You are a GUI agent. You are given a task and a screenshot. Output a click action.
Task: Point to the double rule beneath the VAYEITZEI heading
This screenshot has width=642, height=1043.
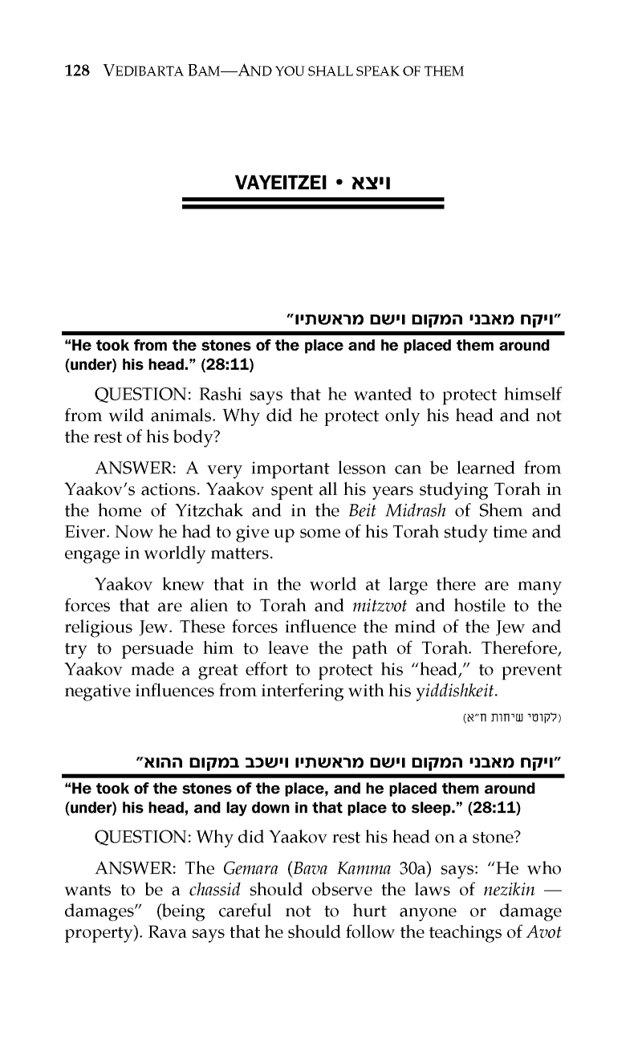pyautogui.click(x=314, y=204)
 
